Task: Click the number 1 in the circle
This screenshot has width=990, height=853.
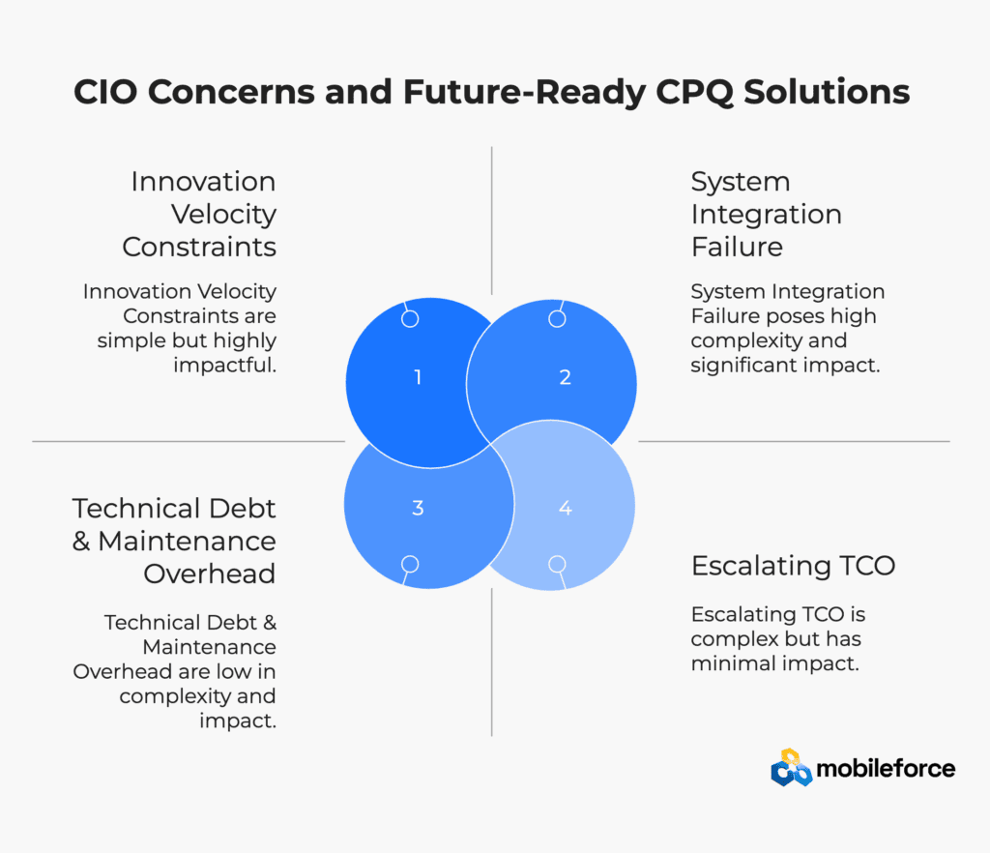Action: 418,377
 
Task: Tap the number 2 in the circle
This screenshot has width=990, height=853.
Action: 565,377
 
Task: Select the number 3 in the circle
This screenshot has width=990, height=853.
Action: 418,508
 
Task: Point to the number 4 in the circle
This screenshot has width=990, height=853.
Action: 565,508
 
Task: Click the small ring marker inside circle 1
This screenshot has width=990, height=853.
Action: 410,319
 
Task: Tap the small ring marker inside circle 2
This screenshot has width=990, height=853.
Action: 557,319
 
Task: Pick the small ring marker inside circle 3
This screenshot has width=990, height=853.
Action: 410,564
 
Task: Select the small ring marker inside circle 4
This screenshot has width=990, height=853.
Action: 557,564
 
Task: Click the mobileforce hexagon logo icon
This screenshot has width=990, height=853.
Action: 791,768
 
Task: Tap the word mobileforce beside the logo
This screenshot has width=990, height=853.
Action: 886,769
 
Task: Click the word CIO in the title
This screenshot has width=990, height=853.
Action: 105,92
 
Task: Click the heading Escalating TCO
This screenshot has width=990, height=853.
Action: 793,566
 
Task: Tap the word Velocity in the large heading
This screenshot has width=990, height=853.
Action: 223,214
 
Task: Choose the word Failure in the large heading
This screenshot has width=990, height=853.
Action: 737,247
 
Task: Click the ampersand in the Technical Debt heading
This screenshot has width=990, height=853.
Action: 81,541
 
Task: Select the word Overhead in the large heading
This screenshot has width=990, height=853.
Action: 210,574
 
